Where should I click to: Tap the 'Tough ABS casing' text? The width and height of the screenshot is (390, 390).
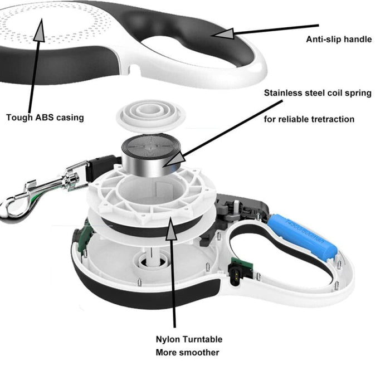click(x=45, y=117)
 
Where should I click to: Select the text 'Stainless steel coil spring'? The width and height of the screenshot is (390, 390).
click(x=318, y=93)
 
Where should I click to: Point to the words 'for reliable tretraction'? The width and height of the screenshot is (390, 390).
click(x=309, y=119)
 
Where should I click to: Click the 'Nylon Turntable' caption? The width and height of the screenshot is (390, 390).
click(x=189, y=339)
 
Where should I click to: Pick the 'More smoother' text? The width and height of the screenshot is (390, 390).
click(x=187, y=352)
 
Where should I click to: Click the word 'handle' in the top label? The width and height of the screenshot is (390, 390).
click(x=357, y=39)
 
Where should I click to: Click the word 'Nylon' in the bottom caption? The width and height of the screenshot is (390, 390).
click(x=169, y=339)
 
